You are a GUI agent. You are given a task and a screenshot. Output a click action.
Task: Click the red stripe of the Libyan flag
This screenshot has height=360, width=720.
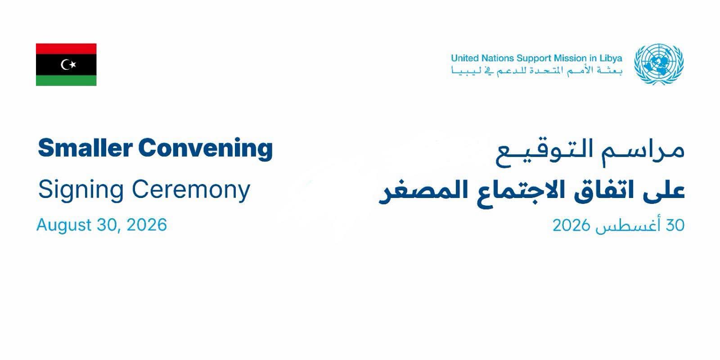[x=66, y=49]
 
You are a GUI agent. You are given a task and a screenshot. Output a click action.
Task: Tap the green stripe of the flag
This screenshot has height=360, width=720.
[x=66, y=81]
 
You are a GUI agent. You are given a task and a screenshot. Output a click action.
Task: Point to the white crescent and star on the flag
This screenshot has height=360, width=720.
[x=68, y=65]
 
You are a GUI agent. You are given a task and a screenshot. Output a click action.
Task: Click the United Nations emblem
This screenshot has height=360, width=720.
[x=659, y=64]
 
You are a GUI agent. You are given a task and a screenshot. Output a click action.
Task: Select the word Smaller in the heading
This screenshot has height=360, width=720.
[x=85, y=148]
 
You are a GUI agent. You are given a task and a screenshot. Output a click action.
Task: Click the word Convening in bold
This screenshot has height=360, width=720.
[x=205, y=149]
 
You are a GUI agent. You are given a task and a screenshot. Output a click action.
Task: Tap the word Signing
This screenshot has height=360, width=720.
[x=81, y=190]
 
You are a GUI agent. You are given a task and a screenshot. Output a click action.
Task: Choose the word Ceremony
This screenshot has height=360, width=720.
[x=191, y=190]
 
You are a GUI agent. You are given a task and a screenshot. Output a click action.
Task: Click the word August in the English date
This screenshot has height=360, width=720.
[x=64, y=225]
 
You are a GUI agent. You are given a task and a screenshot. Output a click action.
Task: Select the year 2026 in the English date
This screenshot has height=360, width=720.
[x=147, y=225]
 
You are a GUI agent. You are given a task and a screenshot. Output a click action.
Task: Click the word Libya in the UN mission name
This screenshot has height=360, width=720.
[x=611, y=58]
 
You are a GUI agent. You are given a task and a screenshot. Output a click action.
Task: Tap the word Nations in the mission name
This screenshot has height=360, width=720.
[x=493, y=58]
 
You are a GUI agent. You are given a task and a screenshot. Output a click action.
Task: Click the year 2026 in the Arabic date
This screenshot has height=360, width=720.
[x=571, y=225]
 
